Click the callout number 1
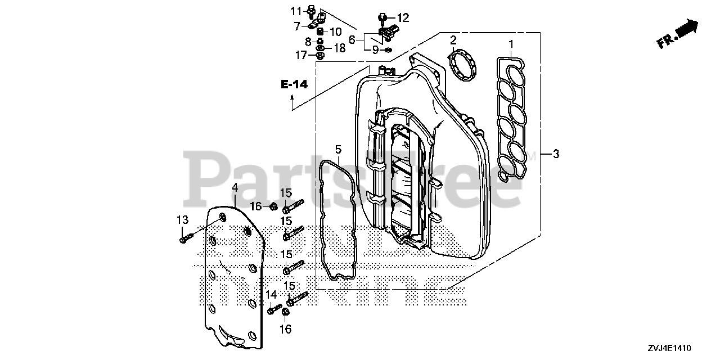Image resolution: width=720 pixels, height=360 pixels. click(511, 44)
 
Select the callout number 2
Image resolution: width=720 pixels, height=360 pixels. click(453, 40)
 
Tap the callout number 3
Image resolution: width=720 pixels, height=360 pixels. click(556, 154)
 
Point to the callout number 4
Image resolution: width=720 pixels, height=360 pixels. click(235, 188)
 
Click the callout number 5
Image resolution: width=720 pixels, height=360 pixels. click(338, 149)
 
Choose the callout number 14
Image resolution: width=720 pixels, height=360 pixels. click(271, 295)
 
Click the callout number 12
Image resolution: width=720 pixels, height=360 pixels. click(404, 17)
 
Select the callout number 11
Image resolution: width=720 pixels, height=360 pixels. click(296, 11)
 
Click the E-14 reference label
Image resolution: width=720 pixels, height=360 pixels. click(294, 84)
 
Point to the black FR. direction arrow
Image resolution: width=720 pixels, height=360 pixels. click(687, 28)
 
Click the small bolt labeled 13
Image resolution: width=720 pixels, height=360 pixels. click(186, 238)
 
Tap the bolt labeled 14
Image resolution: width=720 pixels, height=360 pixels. click(274, 308)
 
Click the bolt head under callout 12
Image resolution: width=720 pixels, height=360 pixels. click(382, 18)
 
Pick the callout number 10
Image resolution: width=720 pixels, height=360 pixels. click(335, 31)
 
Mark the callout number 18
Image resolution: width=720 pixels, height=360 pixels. click(339, 48)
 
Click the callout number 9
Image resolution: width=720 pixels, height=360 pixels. click(375, 49)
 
